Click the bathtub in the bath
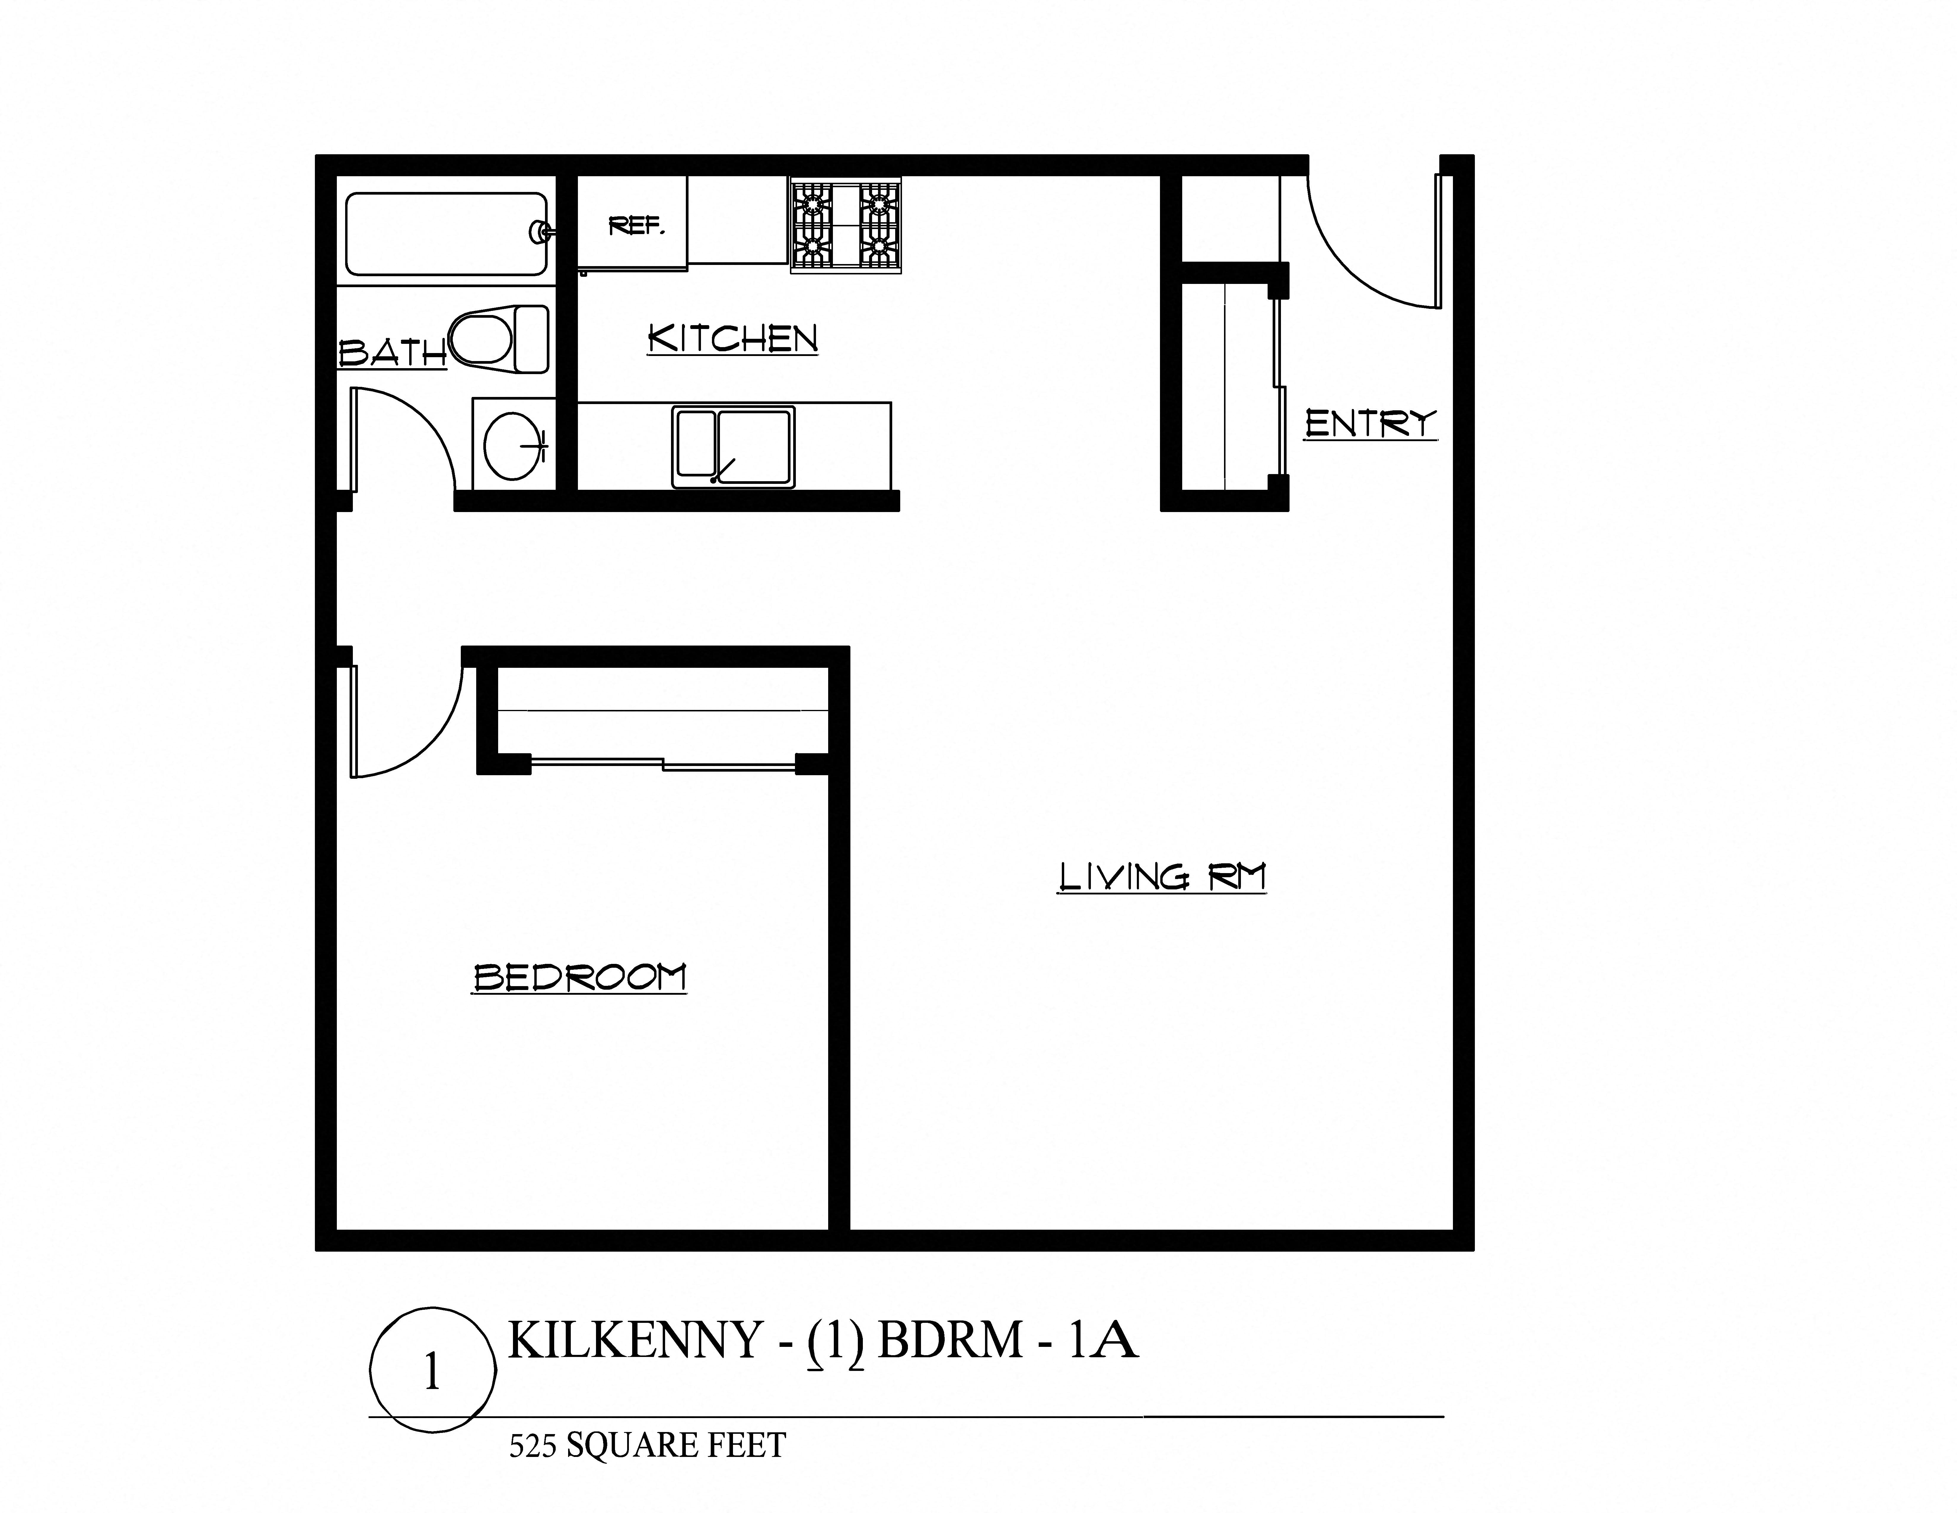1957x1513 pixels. coord(445,234)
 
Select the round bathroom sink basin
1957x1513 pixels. coord(513,446)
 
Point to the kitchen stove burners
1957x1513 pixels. coord(845,225)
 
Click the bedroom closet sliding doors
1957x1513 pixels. coord(663,764)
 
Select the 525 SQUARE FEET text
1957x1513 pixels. coord(647,1445)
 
